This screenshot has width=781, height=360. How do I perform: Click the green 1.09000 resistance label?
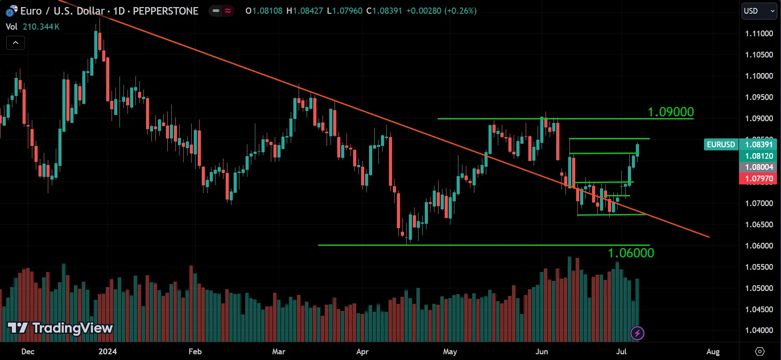pyautogui.click(x=670, y=112)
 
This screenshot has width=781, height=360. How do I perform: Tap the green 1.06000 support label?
pyautogui.click(x=631, y=253)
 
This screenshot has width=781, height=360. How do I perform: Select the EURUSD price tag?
pyautogui.click(x=720, y=145)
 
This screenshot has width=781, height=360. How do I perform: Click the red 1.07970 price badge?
pyautogui.click(x=758, y=179)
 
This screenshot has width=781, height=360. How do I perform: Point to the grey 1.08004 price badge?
pyautogui.click(x=758, y=167)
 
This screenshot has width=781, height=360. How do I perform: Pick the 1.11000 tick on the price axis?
pyautogui.click(x=759, y=34)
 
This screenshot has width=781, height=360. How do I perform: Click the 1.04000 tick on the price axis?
pyautogui.click(x=759, y=330)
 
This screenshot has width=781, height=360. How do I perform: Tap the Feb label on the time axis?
pyautogui.click(x=195, y=352)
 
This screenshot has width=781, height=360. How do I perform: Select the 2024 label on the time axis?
pyautogui.click(x=108, y=352)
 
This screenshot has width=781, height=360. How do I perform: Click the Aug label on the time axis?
pyautogui.click(x=712, y=352)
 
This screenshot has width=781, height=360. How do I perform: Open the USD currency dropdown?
pyautogui.click(x=759, y=11)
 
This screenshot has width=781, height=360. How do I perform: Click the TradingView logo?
pyautogui.click(x=60, y=328)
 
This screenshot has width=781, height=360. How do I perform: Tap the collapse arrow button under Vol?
pyautogui.click(x=15, y=43)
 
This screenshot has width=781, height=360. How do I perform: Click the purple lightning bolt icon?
pyautogui.click(x=637, y=333)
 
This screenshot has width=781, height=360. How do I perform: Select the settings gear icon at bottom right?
pyautogui.click(x=760, y=352)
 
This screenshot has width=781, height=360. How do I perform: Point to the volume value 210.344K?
pyautogui.click(x=41, y=27)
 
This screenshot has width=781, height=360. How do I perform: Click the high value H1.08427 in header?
pyautogui.click(x=305, y=11)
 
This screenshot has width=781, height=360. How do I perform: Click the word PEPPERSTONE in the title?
pyautogui.click(x=165, y=11)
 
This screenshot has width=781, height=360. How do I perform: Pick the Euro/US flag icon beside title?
pyautogui.click(x=12, y=11)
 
